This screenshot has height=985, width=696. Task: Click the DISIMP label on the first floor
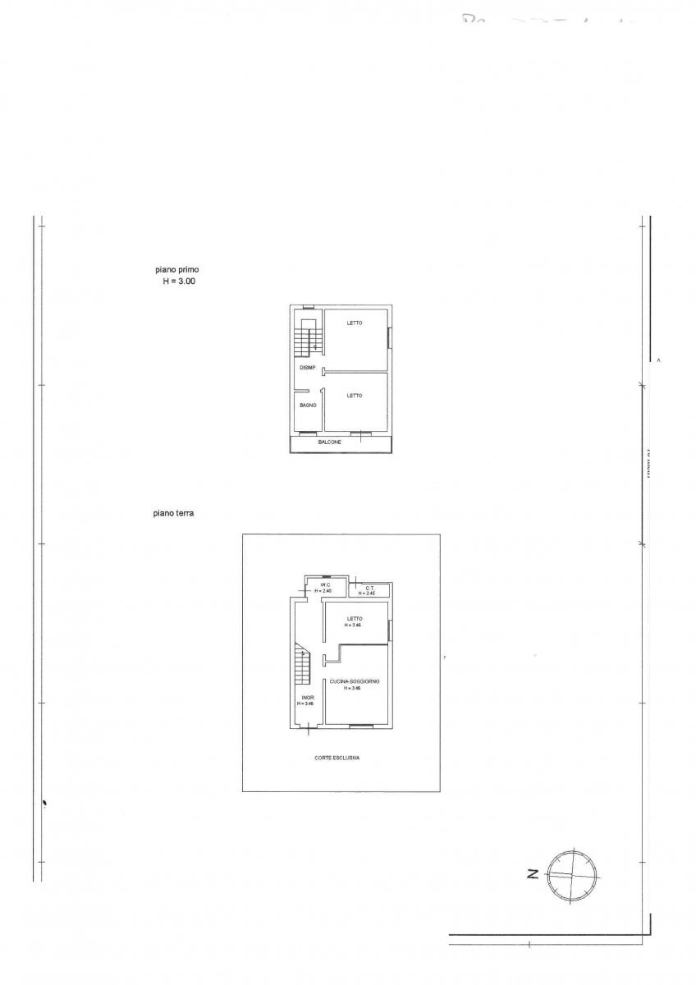pyautogui.click(x=308, y=368)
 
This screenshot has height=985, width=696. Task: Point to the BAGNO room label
pyautogui.click(x=308, y=405)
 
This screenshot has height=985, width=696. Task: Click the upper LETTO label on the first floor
pyautogui.click(x=354, y=323)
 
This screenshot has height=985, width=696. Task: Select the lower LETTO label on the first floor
pyautogui.click(x=354, y=396)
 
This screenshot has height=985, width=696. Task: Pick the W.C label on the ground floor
pyautogui.click(x=325, y=585)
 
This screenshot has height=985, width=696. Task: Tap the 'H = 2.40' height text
pyautogui.click(x=323, y=592)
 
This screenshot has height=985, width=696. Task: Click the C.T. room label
pyautogui.click(x=370, y=587)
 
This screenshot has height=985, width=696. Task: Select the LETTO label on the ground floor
pyautogui.click(x=354, y=618)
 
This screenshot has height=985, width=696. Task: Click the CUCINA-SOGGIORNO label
pyautogui.click(x=354, y=681)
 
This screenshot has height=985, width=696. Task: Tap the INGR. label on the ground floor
pyautogui.click(x=304, y=698)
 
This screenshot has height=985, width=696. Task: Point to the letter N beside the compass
pyautogui.click(x=532, y=873)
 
